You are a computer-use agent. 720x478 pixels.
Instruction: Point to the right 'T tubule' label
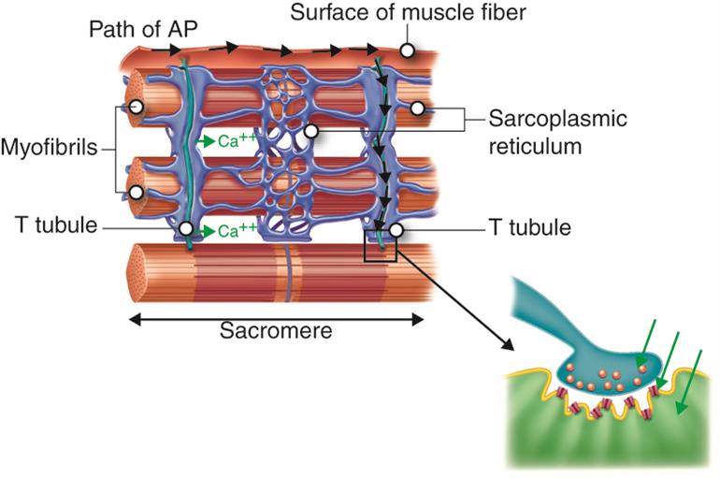532,227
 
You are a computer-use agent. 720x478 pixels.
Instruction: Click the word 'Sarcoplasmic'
558,121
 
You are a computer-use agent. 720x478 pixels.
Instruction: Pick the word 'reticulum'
538,146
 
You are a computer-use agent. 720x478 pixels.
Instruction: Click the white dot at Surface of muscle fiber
409,51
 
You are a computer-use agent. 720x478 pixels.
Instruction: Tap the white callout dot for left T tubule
186,228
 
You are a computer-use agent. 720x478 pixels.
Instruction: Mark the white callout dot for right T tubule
396,228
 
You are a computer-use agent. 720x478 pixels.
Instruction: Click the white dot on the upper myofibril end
137,108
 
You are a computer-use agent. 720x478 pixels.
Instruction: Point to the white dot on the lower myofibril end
137,193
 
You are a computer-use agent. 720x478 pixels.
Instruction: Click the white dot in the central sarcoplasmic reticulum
311,132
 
